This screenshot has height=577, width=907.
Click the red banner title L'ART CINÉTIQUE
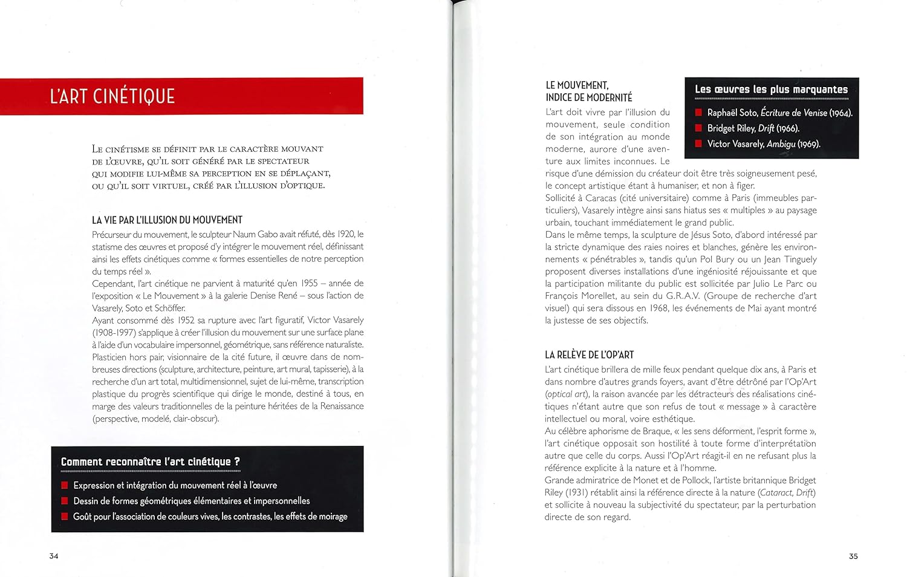[112, 96]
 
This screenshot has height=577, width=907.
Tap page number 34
[54, 556]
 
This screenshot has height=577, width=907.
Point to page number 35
[853, 556]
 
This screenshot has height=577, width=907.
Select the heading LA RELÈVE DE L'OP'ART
[589, 355]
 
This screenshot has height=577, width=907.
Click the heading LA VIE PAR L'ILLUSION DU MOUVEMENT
[167, 220]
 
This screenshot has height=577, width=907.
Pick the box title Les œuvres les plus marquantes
[771, 90]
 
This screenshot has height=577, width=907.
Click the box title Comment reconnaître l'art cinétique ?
[151, 462]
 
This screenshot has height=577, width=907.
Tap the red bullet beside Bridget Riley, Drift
[698, 128]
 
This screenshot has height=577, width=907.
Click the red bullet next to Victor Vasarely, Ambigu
[698, 144]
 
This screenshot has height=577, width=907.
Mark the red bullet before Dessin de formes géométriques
[65, 501]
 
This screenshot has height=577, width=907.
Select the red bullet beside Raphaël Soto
[698, 112]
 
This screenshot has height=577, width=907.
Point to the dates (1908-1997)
[114, 333]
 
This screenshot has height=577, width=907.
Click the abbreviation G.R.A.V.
[682, 296]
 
